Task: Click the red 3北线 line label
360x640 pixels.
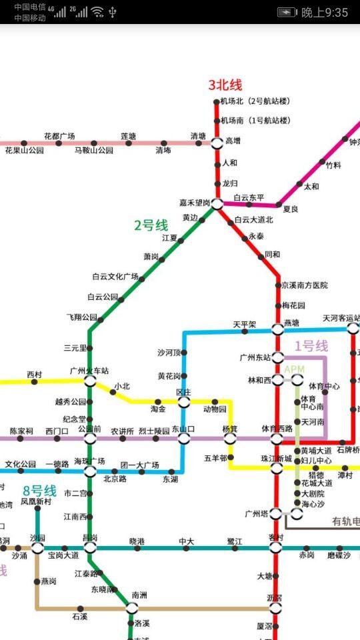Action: pos(225,85)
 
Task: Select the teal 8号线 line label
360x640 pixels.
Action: pos(39,491)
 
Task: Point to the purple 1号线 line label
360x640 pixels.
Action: pos(311,346)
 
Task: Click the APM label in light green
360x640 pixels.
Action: pos(294,369)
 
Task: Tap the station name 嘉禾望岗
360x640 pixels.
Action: pos(194,203)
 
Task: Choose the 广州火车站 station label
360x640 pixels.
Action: pos(89,371)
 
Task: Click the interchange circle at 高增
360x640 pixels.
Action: pos(217,142)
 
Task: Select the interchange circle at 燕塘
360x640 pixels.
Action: pos(278,329)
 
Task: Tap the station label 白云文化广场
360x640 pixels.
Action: pos(115,277)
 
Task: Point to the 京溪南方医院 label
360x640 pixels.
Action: pos(305,285)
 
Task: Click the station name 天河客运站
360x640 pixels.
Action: pos(341,318)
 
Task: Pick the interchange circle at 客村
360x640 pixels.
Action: pos(275,547)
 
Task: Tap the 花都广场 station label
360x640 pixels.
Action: pos(59,137)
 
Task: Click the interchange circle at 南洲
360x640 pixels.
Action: pos(132,607)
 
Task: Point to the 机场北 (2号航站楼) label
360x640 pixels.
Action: pos(255,102)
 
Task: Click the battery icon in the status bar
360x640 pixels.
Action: pos(286,12)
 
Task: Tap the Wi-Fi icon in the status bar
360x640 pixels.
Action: pos(97,12)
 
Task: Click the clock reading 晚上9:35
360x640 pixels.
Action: pos(325,12)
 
